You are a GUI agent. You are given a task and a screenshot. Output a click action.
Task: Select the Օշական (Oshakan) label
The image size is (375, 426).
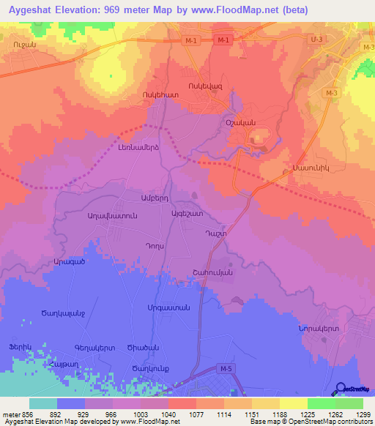[x=240, y=123]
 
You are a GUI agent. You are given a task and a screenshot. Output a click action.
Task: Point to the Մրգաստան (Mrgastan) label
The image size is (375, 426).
[x=169, y=307]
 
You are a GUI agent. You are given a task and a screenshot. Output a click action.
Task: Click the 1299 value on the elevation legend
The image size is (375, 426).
[x=360, y=414]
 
